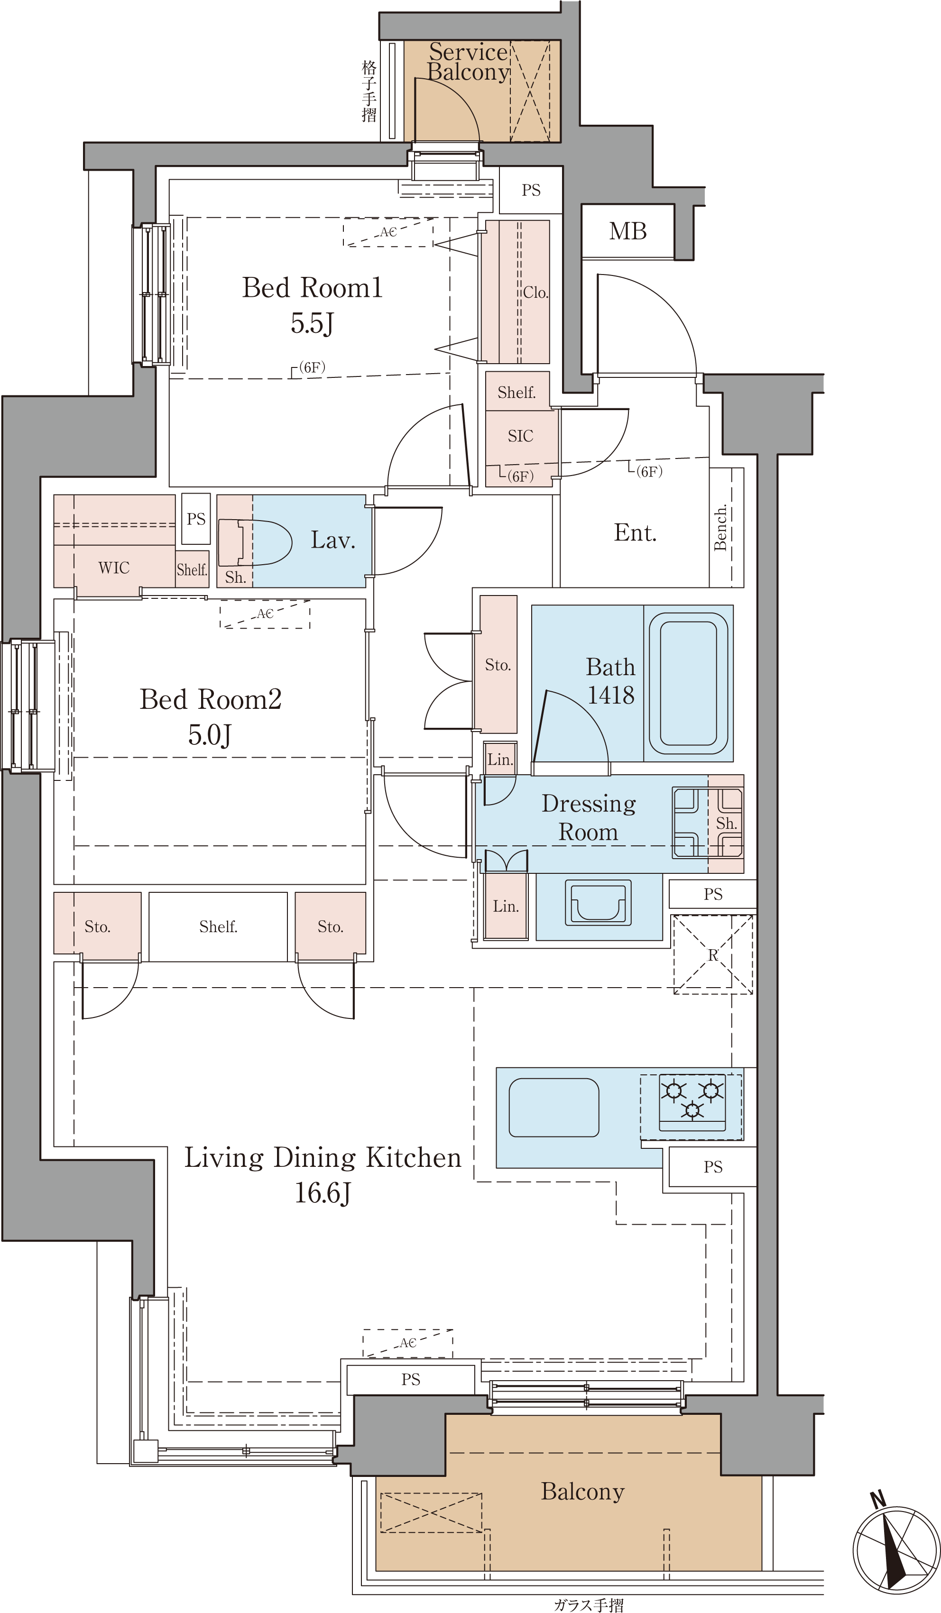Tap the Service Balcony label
click(x=469, y=62)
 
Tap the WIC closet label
click(x=114, y=568)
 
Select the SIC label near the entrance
click(x=520, y=436)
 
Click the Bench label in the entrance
click(x=721, y=527)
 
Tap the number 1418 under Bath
click(x=611, y=695)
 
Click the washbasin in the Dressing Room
click(x=598, y=903)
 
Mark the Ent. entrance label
click(x=635, y=532)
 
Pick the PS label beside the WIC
click(x=196, y=519)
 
